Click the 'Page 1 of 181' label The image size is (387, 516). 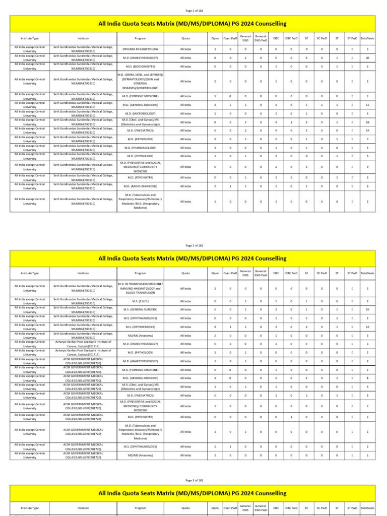click(x=193, y=10)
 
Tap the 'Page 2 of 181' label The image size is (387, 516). click(x=193, y=245)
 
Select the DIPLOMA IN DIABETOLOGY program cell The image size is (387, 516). click(x=141, y=49)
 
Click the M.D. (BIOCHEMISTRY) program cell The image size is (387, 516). click(x=141, y=66)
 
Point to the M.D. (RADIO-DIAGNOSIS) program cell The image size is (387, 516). click(x=141, y=186)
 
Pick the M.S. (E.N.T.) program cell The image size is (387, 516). click(x=141, y=301)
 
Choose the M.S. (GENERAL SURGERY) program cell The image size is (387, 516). click(x=141, y=309)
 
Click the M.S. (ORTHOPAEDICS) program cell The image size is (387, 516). click(x=141, y=327)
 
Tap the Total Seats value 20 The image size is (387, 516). click(x=367, y=57)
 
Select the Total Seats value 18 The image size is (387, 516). click(x=367, y=122)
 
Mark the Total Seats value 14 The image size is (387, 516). click(x=367, y=131)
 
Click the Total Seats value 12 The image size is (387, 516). click(x=367, y=327)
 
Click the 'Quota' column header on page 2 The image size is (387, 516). click(x=185, y=273)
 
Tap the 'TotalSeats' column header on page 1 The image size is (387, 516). click(x=367, y=38)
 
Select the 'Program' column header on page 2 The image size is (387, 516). click(x=141, y=273)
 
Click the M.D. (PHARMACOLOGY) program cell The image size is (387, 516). click(x=141, y=148)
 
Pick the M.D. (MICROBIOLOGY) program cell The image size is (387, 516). click(x=141, y=113)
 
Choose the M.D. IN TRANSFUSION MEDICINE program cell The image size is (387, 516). click(x=141, y=288)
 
